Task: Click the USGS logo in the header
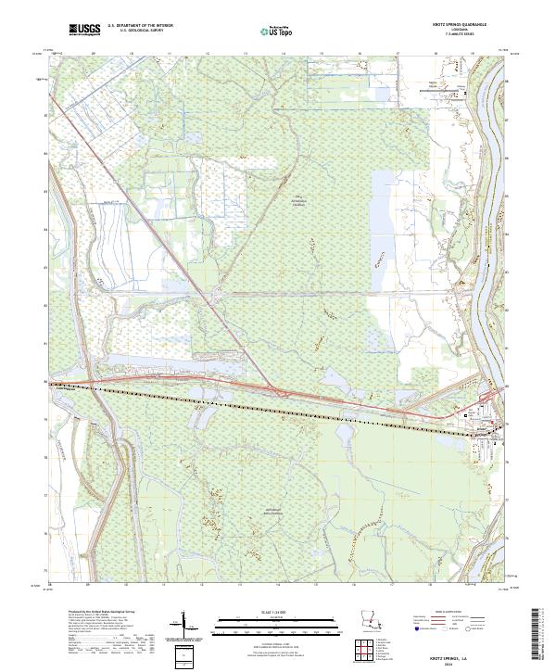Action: pos(84,31)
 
